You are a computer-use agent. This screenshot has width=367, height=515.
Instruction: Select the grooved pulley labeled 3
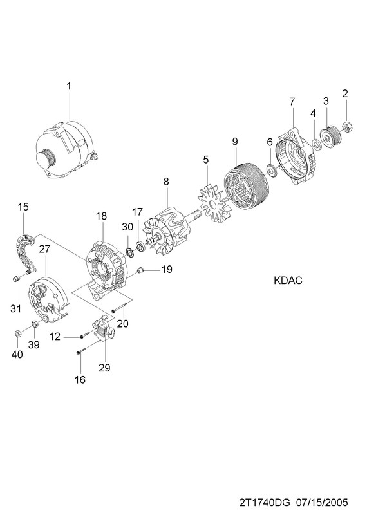coord(330,138)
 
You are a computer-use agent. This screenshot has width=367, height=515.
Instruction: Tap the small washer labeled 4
coord(317,144)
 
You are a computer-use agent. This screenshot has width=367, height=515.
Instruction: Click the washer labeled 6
coord(272,170)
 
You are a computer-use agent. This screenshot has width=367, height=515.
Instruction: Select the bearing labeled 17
coord(140,247)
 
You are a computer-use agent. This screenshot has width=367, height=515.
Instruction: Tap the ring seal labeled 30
coord(130,252)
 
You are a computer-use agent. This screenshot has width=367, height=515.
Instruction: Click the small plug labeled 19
coord(140,270)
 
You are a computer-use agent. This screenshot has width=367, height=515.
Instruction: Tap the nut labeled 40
coord(19,333)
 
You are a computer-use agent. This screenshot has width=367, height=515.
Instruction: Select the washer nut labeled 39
coord(35,324)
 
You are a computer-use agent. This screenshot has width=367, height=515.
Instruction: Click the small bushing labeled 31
coord(15,279)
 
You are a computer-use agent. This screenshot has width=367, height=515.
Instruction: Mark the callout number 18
coord(102,216)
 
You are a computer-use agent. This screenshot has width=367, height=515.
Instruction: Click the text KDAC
coord(288,281)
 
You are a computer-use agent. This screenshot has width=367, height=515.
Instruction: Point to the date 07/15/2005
coord(322,503)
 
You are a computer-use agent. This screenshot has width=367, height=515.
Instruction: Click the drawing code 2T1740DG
coord(265,503)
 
